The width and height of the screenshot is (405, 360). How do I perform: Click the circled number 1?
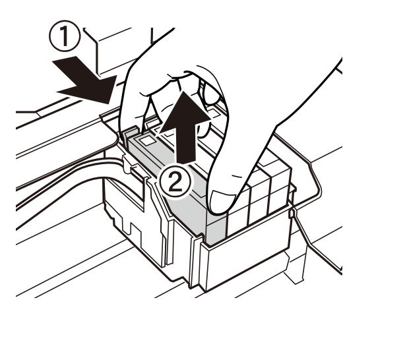tap(65, 36)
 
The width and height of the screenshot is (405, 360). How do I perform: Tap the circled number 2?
tap(176, 182)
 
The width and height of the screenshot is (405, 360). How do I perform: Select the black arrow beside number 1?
tap(85, 80)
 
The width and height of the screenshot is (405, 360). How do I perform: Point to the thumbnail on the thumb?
tap(223, 202)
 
